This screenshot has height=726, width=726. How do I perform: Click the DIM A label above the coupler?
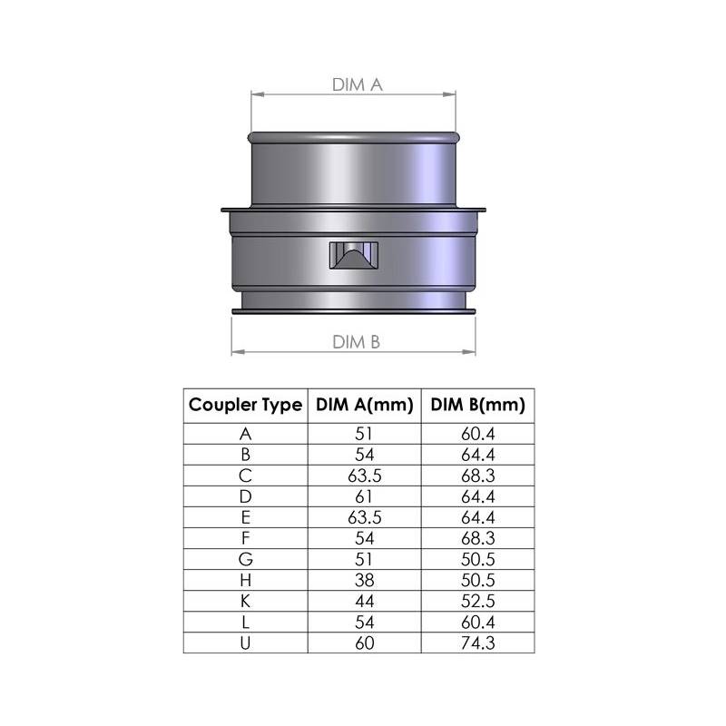point(358,84)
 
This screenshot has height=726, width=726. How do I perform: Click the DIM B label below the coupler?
point(356,342)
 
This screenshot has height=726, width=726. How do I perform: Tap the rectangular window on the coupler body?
point(354,255)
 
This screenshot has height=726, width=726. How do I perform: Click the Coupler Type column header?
point(245,405)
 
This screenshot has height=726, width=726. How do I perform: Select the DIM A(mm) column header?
point(365,405)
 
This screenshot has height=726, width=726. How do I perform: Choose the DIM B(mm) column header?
point(478,405)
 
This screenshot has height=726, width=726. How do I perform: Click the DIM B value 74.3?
point(478,643)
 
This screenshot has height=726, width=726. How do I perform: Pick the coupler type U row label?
point(245,643)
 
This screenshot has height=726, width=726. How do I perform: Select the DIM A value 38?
point(365,580)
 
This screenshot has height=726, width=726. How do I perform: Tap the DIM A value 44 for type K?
point(365,601)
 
